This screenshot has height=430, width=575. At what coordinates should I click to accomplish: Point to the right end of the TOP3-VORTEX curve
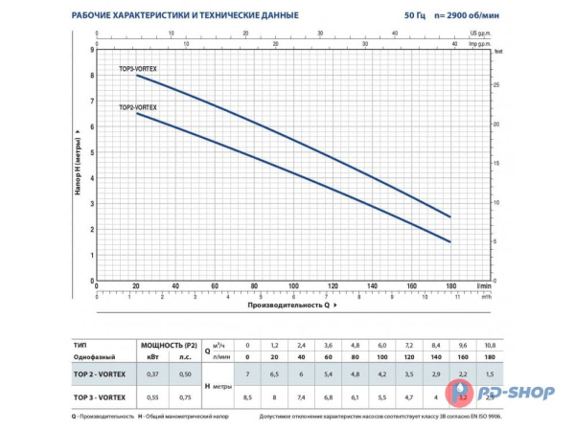(x=449, y=216)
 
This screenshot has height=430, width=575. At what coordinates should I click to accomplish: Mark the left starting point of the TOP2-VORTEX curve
(x=136, y=114)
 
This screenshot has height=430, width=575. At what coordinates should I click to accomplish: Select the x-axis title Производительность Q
(x=288, y=305)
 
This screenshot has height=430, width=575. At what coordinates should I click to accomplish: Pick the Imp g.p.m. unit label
(x=481, y=43)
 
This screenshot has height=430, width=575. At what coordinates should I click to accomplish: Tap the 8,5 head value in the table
(x=248, y=396)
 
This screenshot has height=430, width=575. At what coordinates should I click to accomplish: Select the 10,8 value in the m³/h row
(x=490, y=344)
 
